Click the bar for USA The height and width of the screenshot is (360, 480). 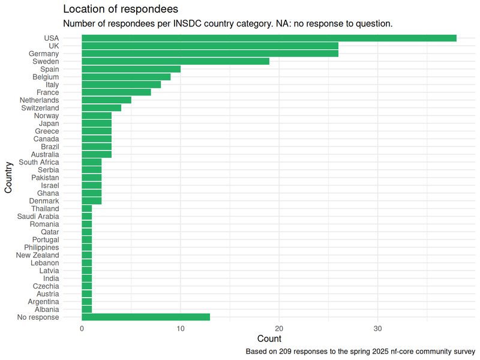(269, 38)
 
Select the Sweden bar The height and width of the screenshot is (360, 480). (175, 61)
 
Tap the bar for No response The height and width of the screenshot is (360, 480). (146, 317)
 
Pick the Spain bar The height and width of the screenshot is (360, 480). (131, 69)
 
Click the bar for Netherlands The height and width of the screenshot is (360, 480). (106, 100)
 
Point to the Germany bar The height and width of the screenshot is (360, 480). (209, 53)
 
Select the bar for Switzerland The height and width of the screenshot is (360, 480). (101, 108)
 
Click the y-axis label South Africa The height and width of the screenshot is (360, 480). (39, 162)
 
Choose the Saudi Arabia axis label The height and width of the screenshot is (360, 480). (38, 216)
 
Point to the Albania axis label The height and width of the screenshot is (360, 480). (47, 309)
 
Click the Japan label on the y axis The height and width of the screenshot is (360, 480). (49, 124)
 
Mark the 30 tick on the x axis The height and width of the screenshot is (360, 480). (377, 328)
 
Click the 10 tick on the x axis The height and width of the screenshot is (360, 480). (180, 328)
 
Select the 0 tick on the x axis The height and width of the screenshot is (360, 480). (82, 328)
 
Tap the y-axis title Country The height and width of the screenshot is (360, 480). (8, 178)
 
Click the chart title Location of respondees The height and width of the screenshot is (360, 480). (120, 10)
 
